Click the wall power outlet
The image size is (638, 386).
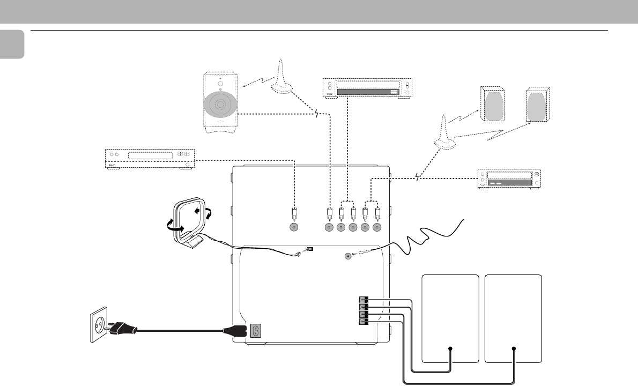pyautogui.click(x=98, y=324)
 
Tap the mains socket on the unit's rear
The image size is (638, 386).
pyautogui.click(x=256, y=331)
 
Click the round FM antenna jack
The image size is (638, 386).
pyautogui.click(x=348, y=256)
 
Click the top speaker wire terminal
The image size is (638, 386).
pyautogui.click(x=363, y=300)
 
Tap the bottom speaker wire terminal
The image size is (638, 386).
pyautogui.click(x=363, y=321)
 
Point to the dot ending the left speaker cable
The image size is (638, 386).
pyautogui.click(x=450, y=349)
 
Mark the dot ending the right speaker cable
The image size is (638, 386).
pyautogui.click(x=514, y=349)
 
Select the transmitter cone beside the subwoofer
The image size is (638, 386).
pyautogui.click(x=281, y=78)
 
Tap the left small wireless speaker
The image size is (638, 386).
pyautogui.click(x=491, y=105)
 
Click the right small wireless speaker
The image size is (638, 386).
pyautogui.click(x=538, y=105)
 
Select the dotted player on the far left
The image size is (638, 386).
pyautogui.click(x=149, y=159)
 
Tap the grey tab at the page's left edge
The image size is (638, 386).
pyautogui.click(x=12, y=44)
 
